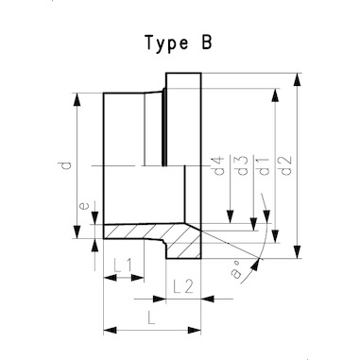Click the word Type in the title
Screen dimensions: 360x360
[167, 43]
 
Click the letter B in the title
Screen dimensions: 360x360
[206, 42]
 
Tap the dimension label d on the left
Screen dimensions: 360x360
[66, 165]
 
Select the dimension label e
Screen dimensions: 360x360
[84, 206]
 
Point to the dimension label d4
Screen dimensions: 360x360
[218, 165]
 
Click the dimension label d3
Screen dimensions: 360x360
[242, 165]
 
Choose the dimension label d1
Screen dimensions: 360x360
[264, 165]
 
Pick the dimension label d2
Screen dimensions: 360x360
[286, 165]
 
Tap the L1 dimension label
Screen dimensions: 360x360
[124, 266]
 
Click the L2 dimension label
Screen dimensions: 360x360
[183, 286]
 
